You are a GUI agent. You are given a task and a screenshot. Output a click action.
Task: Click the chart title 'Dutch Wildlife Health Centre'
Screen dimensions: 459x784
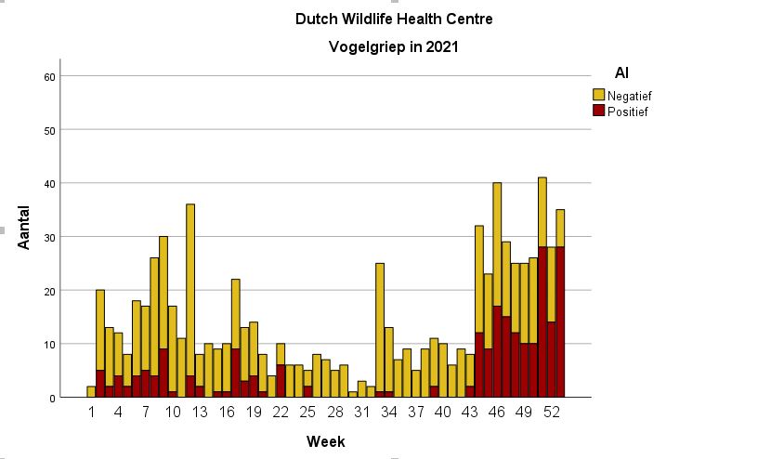tap(394, 19)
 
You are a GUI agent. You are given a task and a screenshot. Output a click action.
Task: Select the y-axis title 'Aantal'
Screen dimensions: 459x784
tap(26, 227)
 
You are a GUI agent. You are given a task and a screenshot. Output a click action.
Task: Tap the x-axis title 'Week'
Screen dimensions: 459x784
tap(325, 442)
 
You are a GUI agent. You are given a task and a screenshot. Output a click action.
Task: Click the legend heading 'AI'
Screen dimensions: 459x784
tap(622, 72)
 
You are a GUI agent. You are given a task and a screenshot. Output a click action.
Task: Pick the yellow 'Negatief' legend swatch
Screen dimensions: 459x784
tap(599, 95)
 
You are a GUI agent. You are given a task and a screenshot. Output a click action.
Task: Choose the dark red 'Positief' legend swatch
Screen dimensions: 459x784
tap(599, 111)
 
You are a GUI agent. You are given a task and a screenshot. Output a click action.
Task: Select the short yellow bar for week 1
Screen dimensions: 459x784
tap(92, 392)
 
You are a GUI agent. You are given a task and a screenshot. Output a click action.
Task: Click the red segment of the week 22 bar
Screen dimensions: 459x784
tap(281, 381)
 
